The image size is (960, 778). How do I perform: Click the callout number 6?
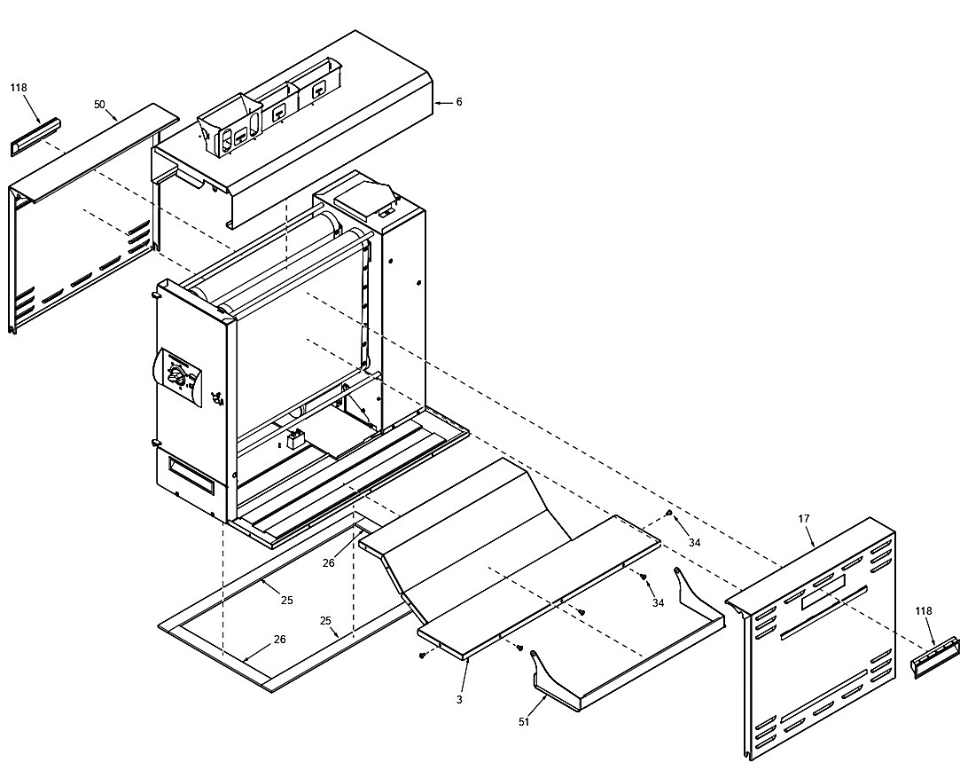[458, 102]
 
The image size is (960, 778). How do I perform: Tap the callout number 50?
[99, 104]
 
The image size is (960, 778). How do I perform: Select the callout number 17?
[804, 519]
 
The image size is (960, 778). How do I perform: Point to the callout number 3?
[459, 700]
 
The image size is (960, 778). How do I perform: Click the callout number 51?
[524, 722]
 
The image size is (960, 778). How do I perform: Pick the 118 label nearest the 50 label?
[19, 88]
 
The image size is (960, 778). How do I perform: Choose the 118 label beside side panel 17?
[924, 610]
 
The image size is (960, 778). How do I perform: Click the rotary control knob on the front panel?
[176, 374]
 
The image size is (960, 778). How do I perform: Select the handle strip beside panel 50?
[35, 137]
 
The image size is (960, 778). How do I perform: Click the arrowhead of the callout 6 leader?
[437, 102]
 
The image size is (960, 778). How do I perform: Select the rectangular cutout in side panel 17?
[823, 593]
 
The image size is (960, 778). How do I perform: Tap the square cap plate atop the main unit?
[364, 197]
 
